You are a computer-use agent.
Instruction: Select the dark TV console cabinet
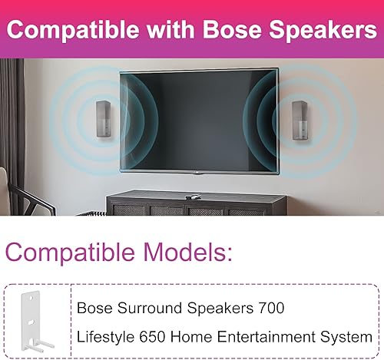click(197, 205)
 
